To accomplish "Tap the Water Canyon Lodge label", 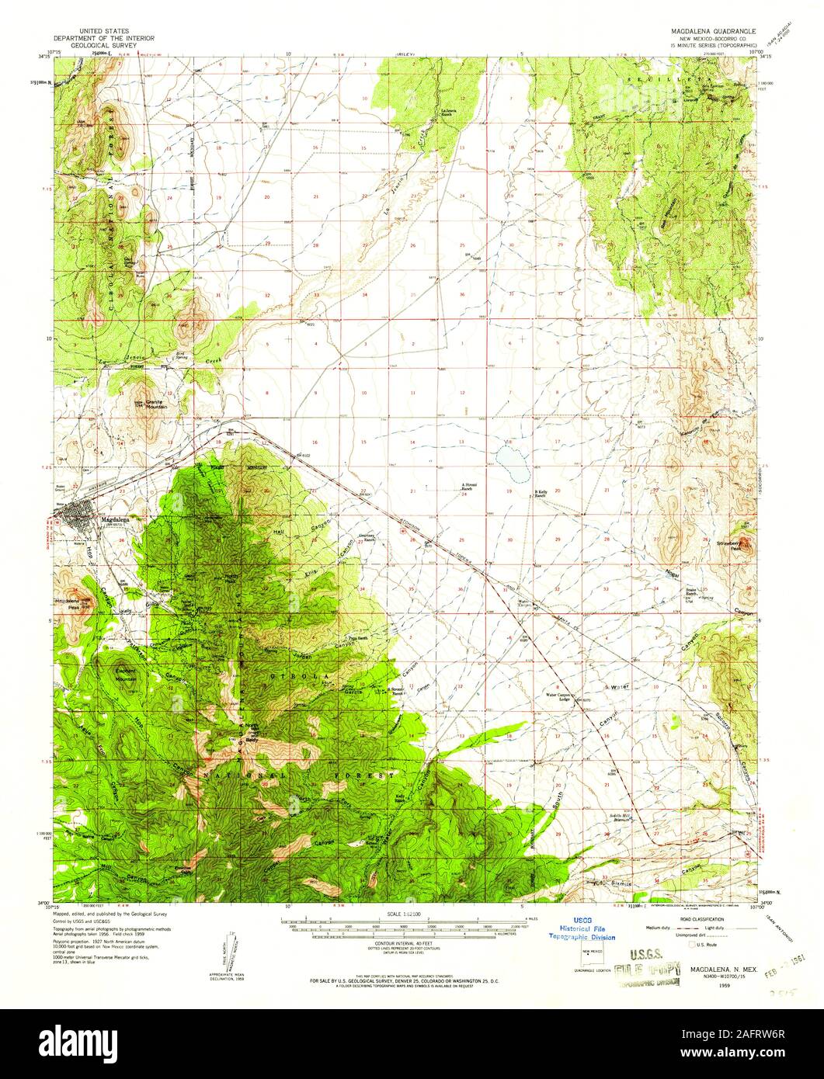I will pyautogui.click(x=564, y=696).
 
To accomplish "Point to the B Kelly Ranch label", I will pyautogui.click(x=548, y=493).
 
